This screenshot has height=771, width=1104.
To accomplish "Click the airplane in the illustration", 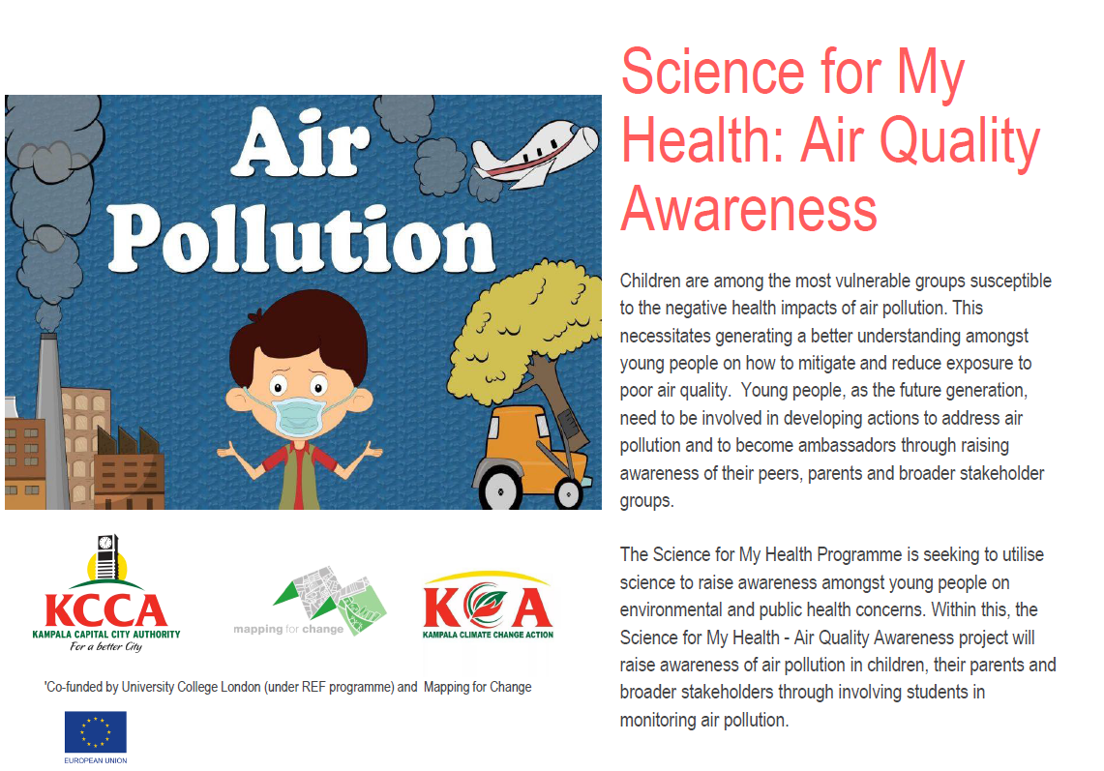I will (x=533, y=152).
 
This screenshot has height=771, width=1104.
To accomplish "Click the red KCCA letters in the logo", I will (x=105, y=611).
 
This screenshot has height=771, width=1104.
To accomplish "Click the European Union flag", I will (x=95, y=732).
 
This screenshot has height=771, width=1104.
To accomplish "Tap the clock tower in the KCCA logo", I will (x=106, y=555).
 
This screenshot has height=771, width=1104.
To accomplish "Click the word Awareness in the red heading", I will (x=748, y=209).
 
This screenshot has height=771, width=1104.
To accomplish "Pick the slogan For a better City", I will (x=105, y=647).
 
